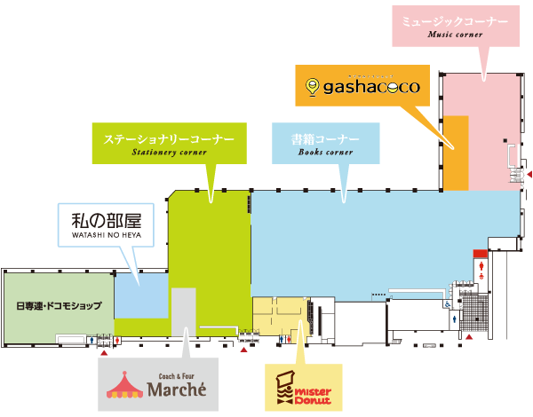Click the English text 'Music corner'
pos(454,35)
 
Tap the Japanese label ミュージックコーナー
pos(454,20)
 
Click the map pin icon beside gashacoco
pos(312,87)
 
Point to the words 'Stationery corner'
pos(169,153)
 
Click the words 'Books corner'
pos(325,153)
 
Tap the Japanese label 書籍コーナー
pos(325,139)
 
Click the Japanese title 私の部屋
pos(100,218)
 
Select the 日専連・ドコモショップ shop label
pos(59,305)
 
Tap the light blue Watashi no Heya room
pos(140,295)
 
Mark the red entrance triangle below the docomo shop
pos(105,352)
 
